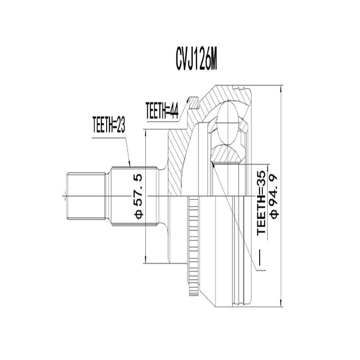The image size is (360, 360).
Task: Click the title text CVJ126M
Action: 197,60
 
